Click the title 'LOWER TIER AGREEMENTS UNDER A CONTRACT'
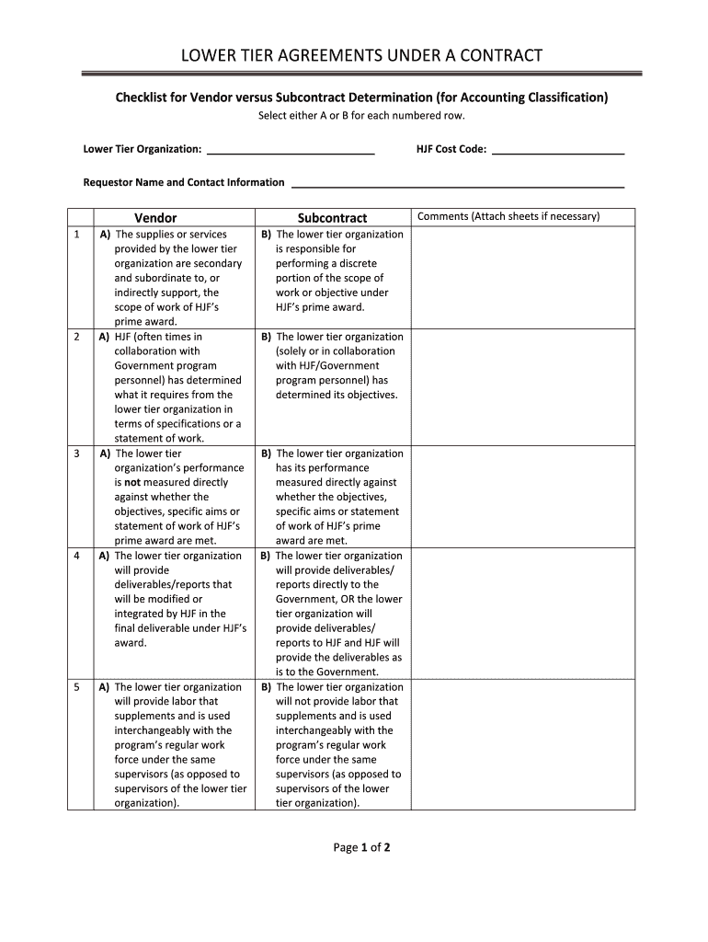[x=360, y=56]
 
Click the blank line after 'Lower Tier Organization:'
[x=291, y=150]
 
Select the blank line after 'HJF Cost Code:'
[x=558, y=150]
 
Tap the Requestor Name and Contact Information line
[x=457, y=183]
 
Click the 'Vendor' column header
[x=155, y=218]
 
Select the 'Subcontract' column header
[x=332, y=218]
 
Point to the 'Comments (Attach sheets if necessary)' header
[x=508, y=217]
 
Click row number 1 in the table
[x=75, y=235]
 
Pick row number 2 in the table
[x=75, y=337]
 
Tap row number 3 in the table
[x=75, y=454]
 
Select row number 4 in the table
[x=75, y=556]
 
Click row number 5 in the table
[x=75, y=687]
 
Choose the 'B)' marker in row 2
[x=266, y=337]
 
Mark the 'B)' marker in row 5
[x=266, y=687]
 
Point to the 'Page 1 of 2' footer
[x=361, y=848]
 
